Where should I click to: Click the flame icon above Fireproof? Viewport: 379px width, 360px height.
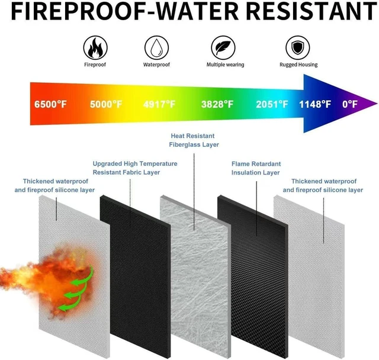pos(95,47)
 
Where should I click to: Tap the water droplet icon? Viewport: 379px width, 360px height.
pos(156,47)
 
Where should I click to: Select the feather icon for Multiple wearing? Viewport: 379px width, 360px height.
pos(223,47)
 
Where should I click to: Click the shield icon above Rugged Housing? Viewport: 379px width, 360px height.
pos(297,47)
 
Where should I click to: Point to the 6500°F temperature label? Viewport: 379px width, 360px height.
pos(50,104)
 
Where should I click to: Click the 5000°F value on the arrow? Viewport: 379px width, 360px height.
pos(106,104)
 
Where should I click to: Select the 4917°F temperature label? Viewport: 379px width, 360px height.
pos(159,104)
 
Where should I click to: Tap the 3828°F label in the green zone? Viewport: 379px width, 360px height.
pos(217,104)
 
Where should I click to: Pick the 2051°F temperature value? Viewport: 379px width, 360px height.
pos(272,104)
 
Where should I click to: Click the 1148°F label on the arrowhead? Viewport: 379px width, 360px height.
pos(315,104)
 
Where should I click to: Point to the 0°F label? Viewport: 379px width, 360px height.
pos(350,104)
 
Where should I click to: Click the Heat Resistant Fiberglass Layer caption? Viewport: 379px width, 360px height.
pos(194,140)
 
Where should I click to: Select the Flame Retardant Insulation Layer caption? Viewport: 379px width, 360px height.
pos(256,168)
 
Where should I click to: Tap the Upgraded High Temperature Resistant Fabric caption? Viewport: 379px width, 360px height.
pos(135,168)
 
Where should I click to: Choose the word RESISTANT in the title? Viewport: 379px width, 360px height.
pos(311,11)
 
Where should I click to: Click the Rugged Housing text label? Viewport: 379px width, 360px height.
pos(298,65)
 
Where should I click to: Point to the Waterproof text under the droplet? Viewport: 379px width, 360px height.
pos(156,65)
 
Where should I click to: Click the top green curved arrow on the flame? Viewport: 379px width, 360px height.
pos(82,276)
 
